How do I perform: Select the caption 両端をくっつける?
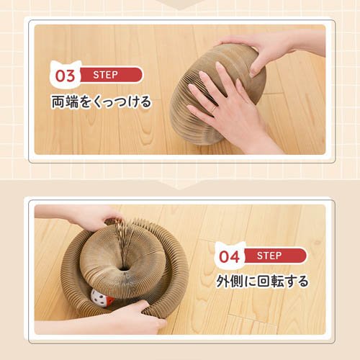(101, 102)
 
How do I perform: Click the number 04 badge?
(228, 256)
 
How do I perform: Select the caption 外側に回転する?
(263, 281)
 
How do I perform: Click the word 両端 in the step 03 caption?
(63, 102)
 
